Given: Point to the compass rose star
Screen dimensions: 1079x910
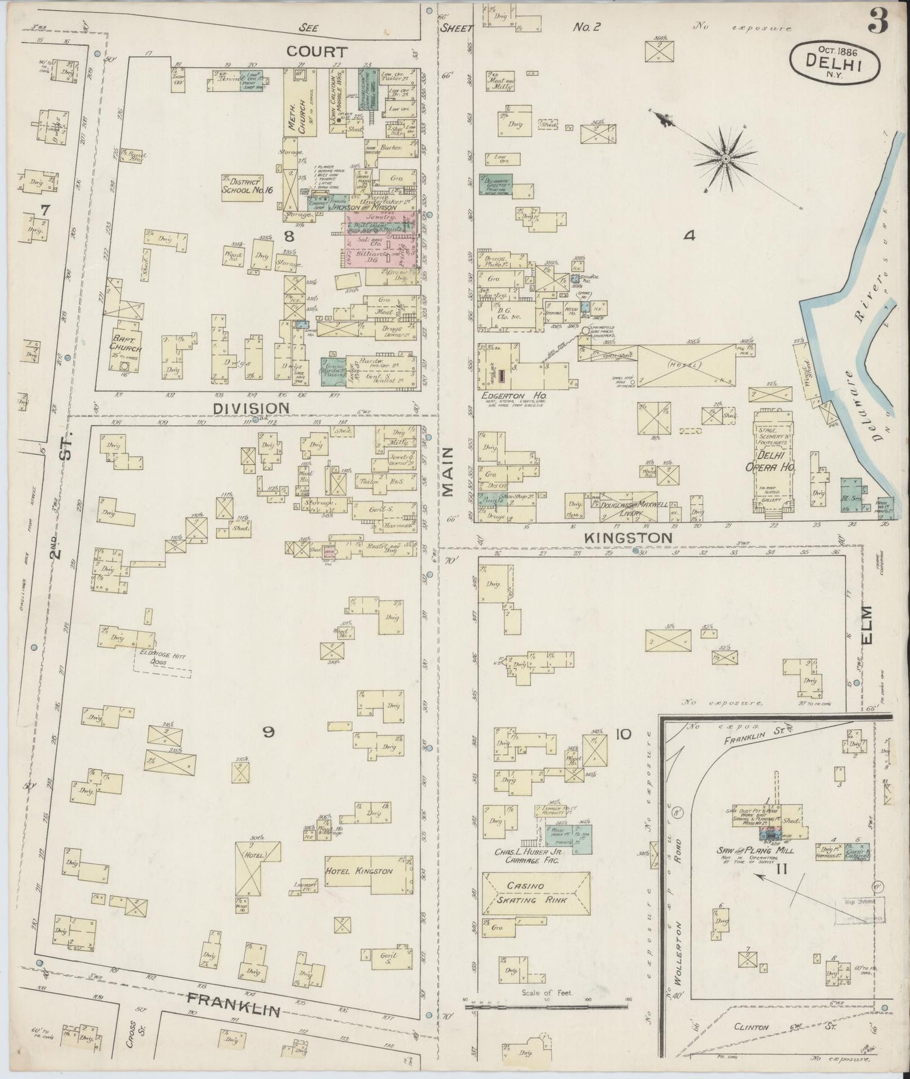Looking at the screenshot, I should (x=725, y=160).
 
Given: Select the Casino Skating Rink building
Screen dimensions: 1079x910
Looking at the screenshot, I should (x=536, y=893).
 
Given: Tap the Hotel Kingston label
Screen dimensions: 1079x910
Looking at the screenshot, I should (x=359, y=871).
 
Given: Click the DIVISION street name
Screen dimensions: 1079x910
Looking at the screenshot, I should (x=251, y=408).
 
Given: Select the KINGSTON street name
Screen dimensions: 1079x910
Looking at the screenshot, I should (x=628, y=537).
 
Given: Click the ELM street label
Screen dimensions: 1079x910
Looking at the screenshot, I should (x=870, y=624).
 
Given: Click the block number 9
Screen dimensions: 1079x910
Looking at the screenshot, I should (x=269, y=732).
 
